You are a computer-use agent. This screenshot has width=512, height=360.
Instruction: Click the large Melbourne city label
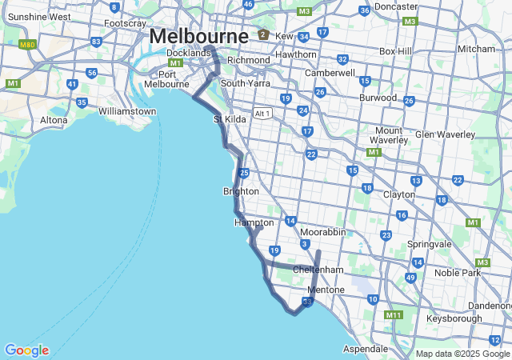click(198, 36)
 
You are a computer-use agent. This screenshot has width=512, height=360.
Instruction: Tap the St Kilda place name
click(230, 119)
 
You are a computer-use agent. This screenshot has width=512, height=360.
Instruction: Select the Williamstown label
click(127, 111)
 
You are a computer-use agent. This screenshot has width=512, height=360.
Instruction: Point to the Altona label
click(54, 120)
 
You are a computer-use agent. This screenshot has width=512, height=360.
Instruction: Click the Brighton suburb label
click(241, 191)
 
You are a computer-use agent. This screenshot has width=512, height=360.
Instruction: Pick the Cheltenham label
click(318, 270)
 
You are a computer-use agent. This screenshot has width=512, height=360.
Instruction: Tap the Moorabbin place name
click(323, 231)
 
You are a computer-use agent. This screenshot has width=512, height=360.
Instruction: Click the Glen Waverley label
click(440, 134)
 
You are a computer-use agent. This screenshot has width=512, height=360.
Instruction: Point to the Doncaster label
click(397, 6)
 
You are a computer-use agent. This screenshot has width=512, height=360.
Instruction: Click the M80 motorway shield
click(27, 45)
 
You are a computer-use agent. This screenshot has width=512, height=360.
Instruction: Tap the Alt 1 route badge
click(262, 113)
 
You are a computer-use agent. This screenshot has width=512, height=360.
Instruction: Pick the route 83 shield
click(97, 42)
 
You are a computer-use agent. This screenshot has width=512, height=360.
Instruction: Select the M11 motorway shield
click(393, 315)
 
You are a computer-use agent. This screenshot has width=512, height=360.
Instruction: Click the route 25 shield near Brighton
click(243, 173)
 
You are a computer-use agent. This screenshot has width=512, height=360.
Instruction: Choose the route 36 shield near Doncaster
click(365, 10)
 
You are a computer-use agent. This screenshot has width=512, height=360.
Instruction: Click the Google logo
click(26, 350)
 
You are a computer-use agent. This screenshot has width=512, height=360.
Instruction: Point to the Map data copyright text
click(462, 354)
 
